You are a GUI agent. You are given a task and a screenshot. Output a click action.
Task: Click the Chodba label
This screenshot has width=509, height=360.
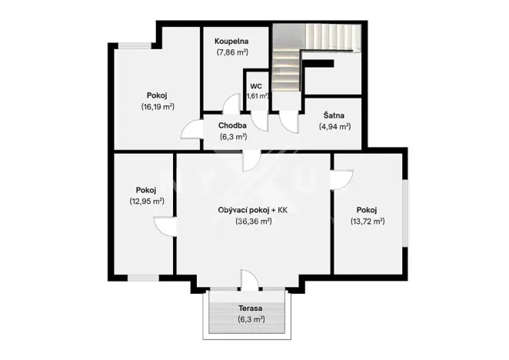(x=231, y=125)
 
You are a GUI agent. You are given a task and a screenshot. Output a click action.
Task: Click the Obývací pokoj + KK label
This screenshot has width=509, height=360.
(x=253, y=210)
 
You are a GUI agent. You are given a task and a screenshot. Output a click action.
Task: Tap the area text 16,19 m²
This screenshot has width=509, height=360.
(x=157, y=106)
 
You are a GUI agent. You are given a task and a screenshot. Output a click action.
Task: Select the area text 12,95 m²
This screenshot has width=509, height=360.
(x=146, y=201)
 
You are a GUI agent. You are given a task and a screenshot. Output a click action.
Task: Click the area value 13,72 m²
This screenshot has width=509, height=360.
(x=367, y=221)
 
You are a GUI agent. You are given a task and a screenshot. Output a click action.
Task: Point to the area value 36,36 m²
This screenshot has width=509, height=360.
(x=253, y=221)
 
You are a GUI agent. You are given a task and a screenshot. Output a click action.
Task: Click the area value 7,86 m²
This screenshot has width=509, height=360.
(x=231, y=54)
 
